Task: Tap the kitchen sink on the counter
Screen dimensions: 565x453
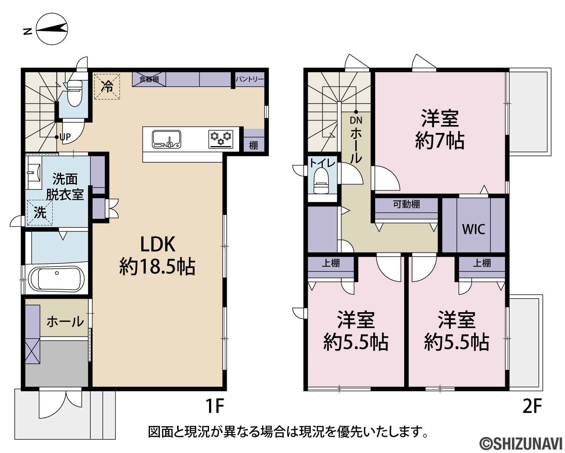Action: coord(167,139)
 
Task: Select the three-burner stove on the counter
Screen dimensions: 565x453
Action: coord(221,139)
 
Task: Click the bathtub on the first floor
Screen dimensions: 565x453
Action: coord(56,279)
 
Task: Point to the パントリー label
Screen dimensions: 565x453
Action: coord(249,79)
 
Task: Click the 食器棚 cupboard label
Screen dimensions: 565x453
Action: coord(149,79)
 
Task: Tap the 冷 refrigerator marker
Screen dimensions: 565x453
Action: coord(107,86)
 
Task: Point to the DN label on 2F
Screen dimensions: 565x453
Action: coord(356,120)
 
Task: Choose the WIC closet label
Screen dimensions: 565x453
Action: coord(473,229)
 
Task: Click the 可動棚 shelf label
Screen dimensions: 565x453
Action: coord(406,204)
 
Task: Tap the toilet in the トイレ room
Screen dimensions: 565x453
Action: coord(321,181)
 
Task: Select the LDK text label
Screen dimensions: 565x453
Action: coord(158,244)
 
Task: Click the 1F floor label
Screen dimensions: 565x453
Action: coord(214,406)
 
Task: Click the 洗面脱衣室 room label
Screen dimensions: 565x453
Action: coord(65,187)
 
